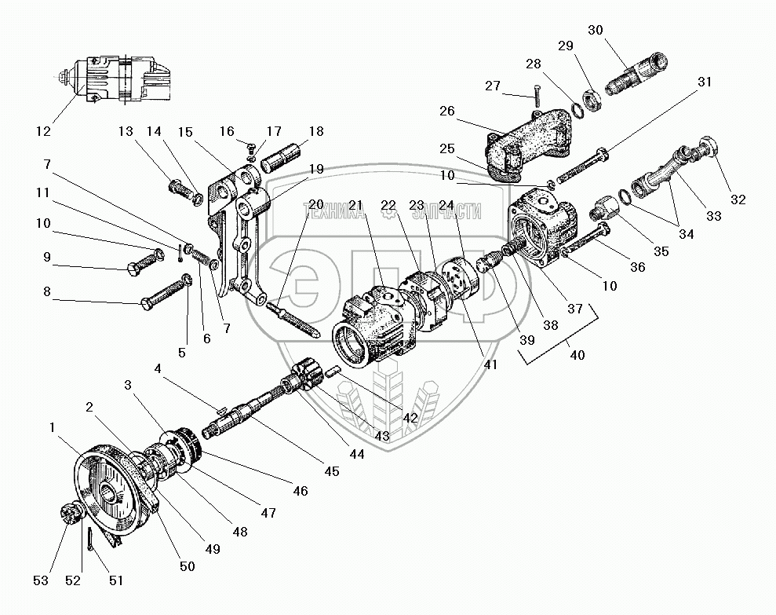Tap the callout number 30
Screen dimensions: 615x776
coord(596,30)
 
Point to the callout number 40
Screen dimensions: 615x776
coord(577,355)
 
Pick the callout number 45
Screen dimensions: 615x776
coord(331,471)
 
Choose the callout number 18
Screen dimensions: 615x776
coord(315,132)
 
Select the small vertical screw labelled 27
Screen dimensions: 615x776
coord(537,95)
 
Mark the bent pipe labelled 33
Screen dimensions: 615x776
coord(661,174)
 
